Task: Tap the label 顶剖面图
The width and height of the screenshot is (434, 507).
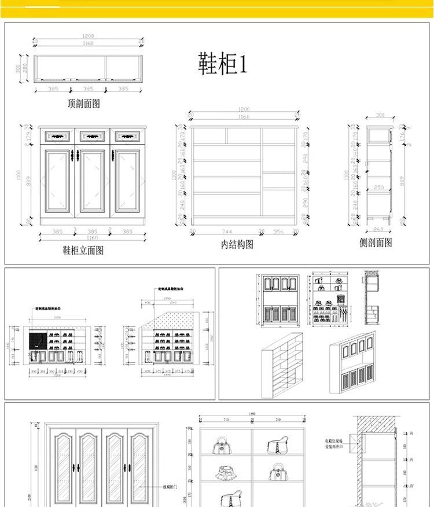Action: click(84, 104)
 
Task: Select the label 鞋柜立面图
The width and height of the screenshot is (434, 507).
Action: click(83, 251)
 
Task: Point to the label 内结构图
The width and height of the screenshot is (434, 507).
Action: click(237, 245)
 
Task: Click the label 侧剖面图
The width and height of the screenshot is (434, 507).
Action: click(376, 243)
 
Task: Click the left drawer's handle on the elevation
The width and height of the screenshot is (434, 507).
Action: click(57, 136)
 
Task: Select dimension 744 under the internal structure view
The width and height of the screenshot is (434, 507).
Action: click(226, 232)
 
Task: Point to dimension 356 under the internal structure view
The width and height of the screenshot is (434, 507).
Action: click(278, 232)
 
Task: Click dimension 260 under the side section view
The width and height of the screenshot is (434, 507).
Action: click(378, 230)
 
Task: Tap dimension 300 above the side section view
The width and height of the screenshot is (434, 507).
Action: click(380, 115)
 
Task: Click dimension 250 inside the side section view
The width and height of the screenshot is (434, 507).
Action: click(378, 188)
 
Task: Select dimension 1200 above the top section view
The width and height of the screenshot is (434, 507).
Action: click(88, 36)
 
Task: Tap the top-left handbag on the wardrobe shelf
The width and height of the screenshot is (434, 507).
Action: click(222, 446)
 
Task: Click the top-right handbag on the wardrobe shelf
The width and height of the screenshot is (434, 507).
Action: click(276, 446)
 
